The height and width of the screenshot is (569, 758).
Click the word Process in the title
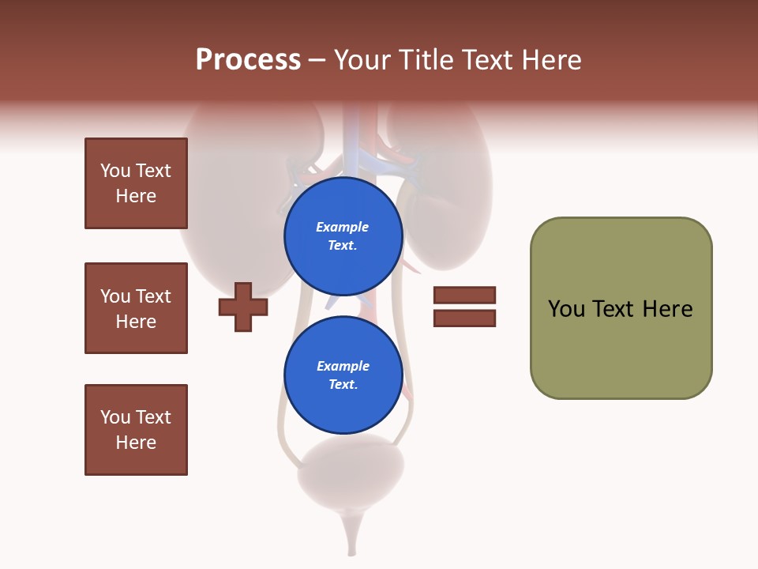pyautogui.click(x=248, y=60)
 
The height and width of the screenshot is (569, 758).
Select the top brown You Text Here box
pyautogui.click(x=136, y=183)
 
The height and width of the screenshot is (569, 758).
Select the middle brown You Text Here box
pyautogui.click(x=136, y=308)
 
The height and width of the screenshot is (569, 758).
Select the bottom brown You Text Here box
pyautogui.click(x=136, y=430)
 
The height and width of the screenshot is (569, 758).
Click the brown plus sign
pyautogui.click(x=243, y=307)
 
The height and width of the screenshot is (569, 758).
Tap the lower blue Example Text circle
pyautogui.click(x=343, y=375)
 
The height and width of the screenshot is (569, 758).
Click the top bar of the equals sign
pyautogui.click(x=464, y=295)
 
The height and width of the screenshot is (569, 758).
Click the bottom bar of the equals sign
pyautogui.click(x=464, y=318)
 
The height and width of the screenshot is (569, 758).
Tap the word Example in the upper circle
pyautogui.click(x=343, y=227)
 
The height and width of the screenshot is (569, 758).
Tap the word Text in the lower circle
pyautogui.click(x=342, y=384)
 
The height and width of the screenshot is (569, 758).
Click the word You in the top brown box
pyautogui.click(x=114, y=171)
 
